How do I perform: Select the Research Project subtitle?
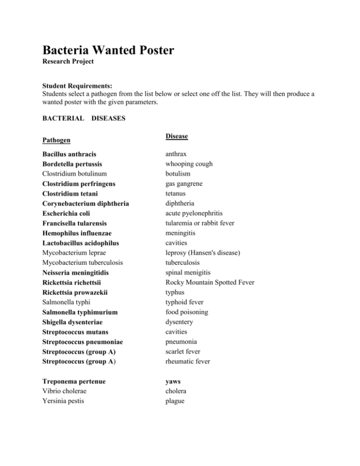[68, 61]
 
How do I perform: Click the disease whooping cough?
[189, 164]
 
